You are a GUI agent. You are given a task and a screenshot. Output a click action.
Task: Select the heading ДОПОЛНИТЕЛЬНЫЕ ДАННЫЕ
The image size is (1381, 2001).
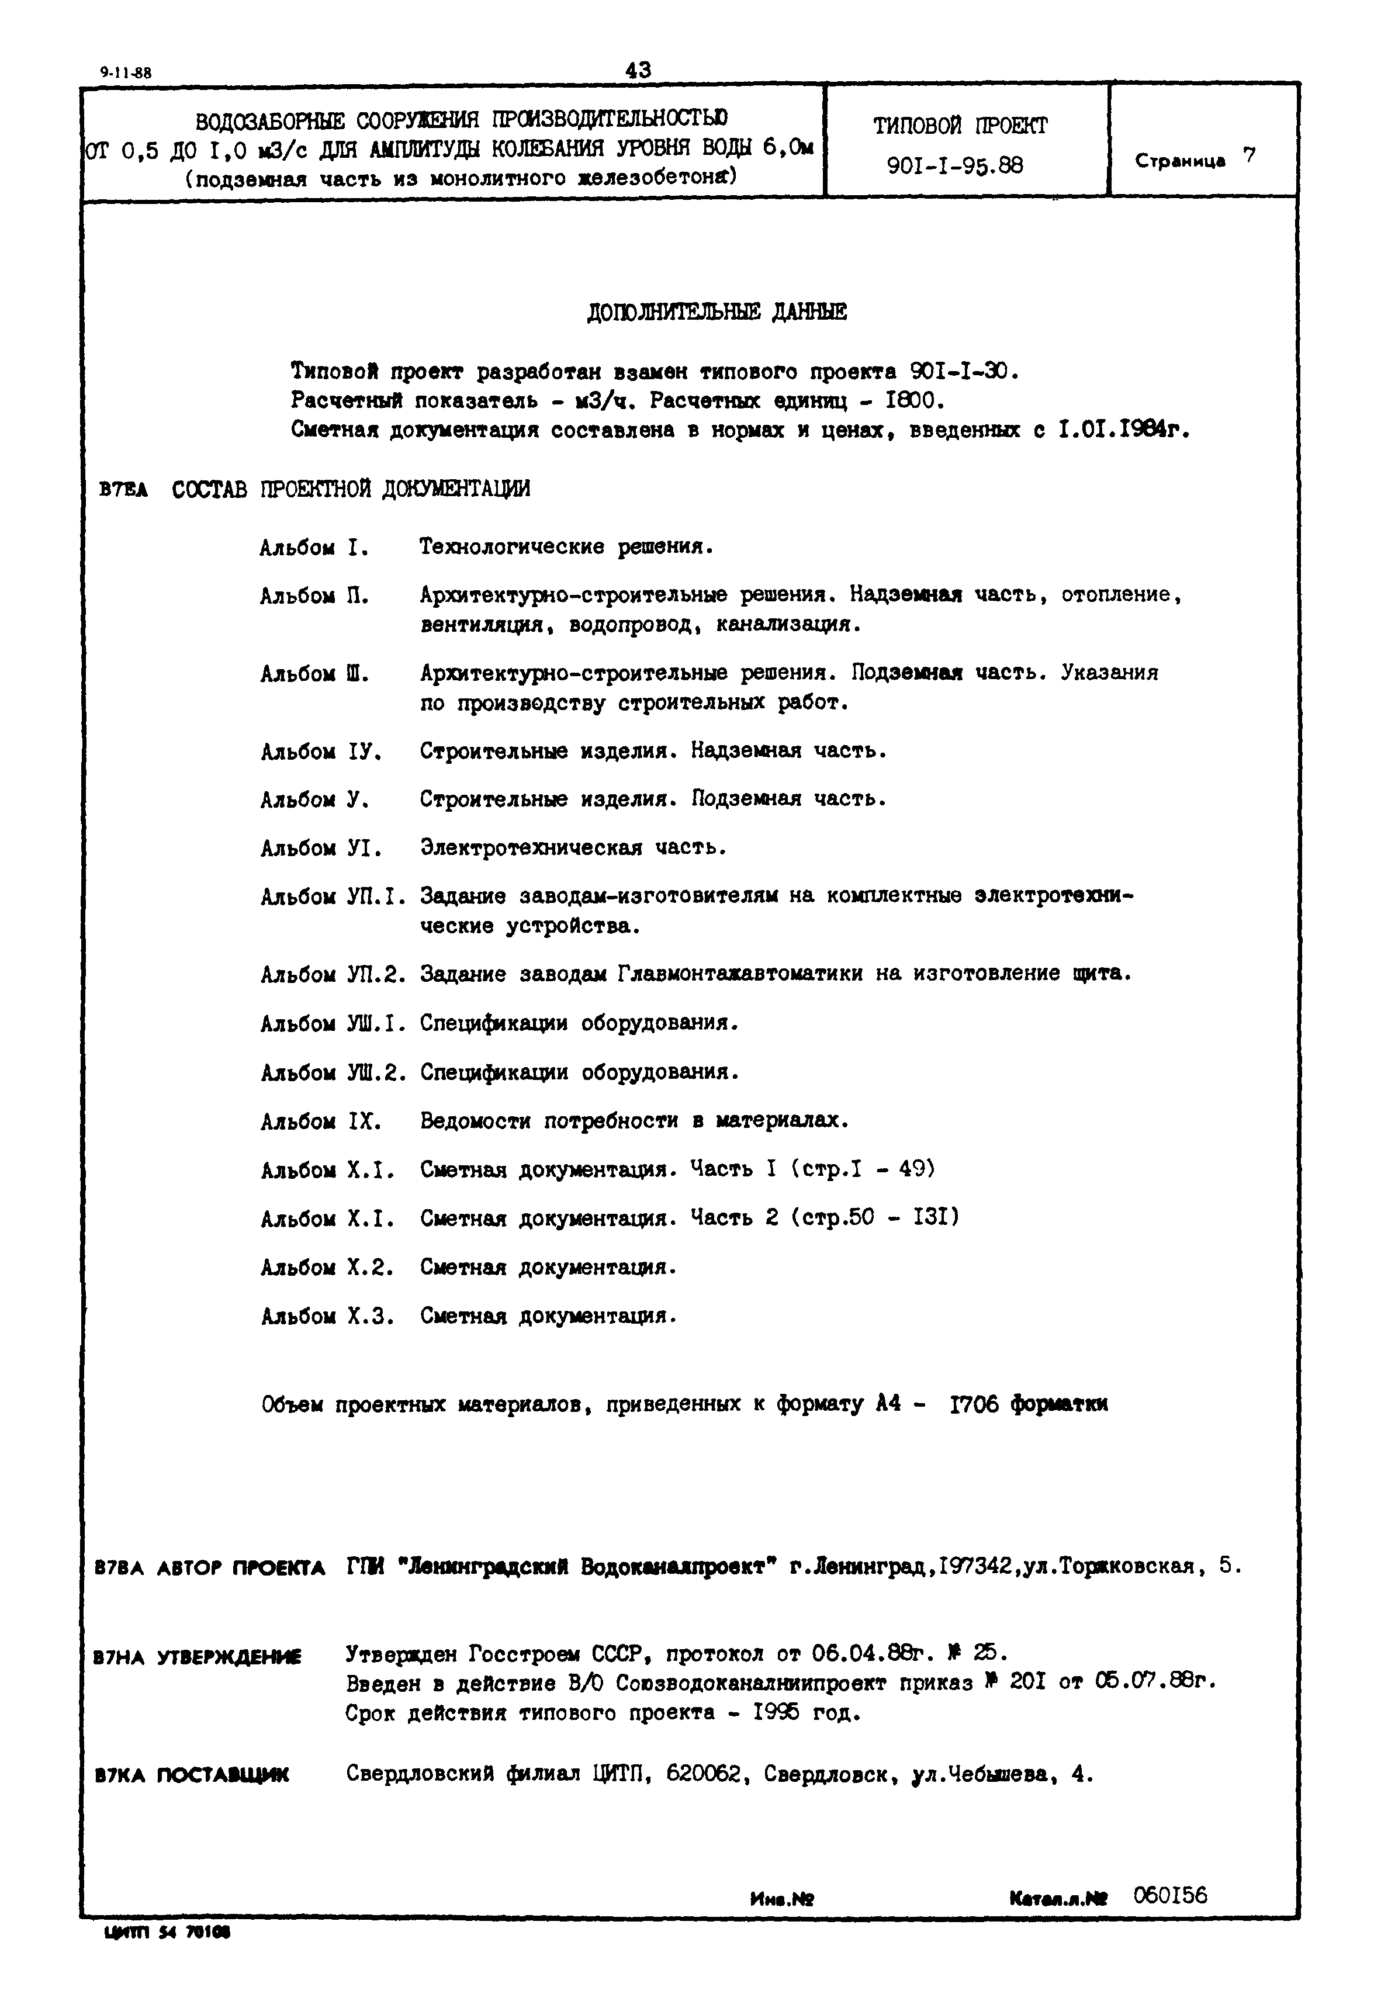tap(717, 312)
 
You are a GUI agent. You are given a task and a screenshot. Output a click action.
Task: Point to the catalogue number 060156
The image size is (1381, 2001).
tap(1170, 1895)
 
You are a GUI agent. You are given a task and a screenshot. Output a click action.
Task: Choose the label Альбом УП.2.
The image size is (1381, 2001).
tap(333, 974)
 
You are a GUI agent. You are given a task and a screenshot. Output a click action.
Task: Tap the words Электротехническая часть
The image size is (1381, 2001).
tap(573, 848)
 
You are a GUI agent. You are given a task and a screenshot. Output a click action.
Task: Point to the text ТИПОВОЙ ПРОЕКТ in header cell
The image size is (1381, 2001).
tap(960, 126)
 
